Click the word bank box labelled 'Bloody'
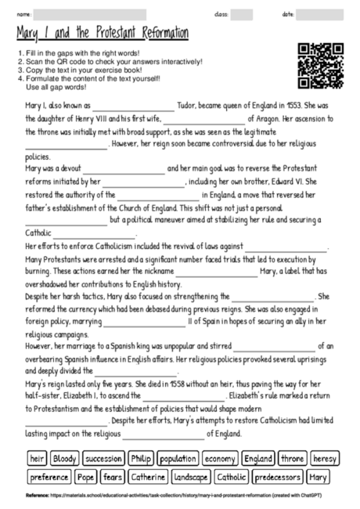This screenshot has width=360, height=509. tap(64, 458)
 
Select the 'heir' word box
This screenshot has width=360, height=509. tap(36, 458)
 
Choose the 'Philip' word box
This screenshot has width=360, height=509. tap(141, 458)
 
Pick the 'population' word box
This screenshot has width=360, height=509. tap(178, 458)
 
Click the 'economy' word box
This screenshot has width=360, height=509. tap(221, 458)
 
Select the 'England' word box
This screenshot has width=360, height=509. tap(257, 458)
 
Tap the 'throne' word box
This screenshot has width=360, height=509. tap(292, 458)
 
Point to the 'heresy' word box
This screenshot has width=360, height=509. tap(324, 458)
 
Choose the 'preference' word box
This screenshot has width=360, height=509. tap(49, 477)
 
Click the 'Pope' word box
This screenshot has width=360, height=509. tap(87, 477)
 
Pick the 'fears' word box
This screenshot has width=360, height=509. tap(113, 477)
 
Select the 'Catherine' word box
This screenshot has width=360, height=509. tap(148, 477)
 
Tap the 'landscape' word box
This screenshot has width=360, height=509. tap(190, 477)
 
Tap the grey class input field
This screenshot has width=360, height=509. tap(242, 14)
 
